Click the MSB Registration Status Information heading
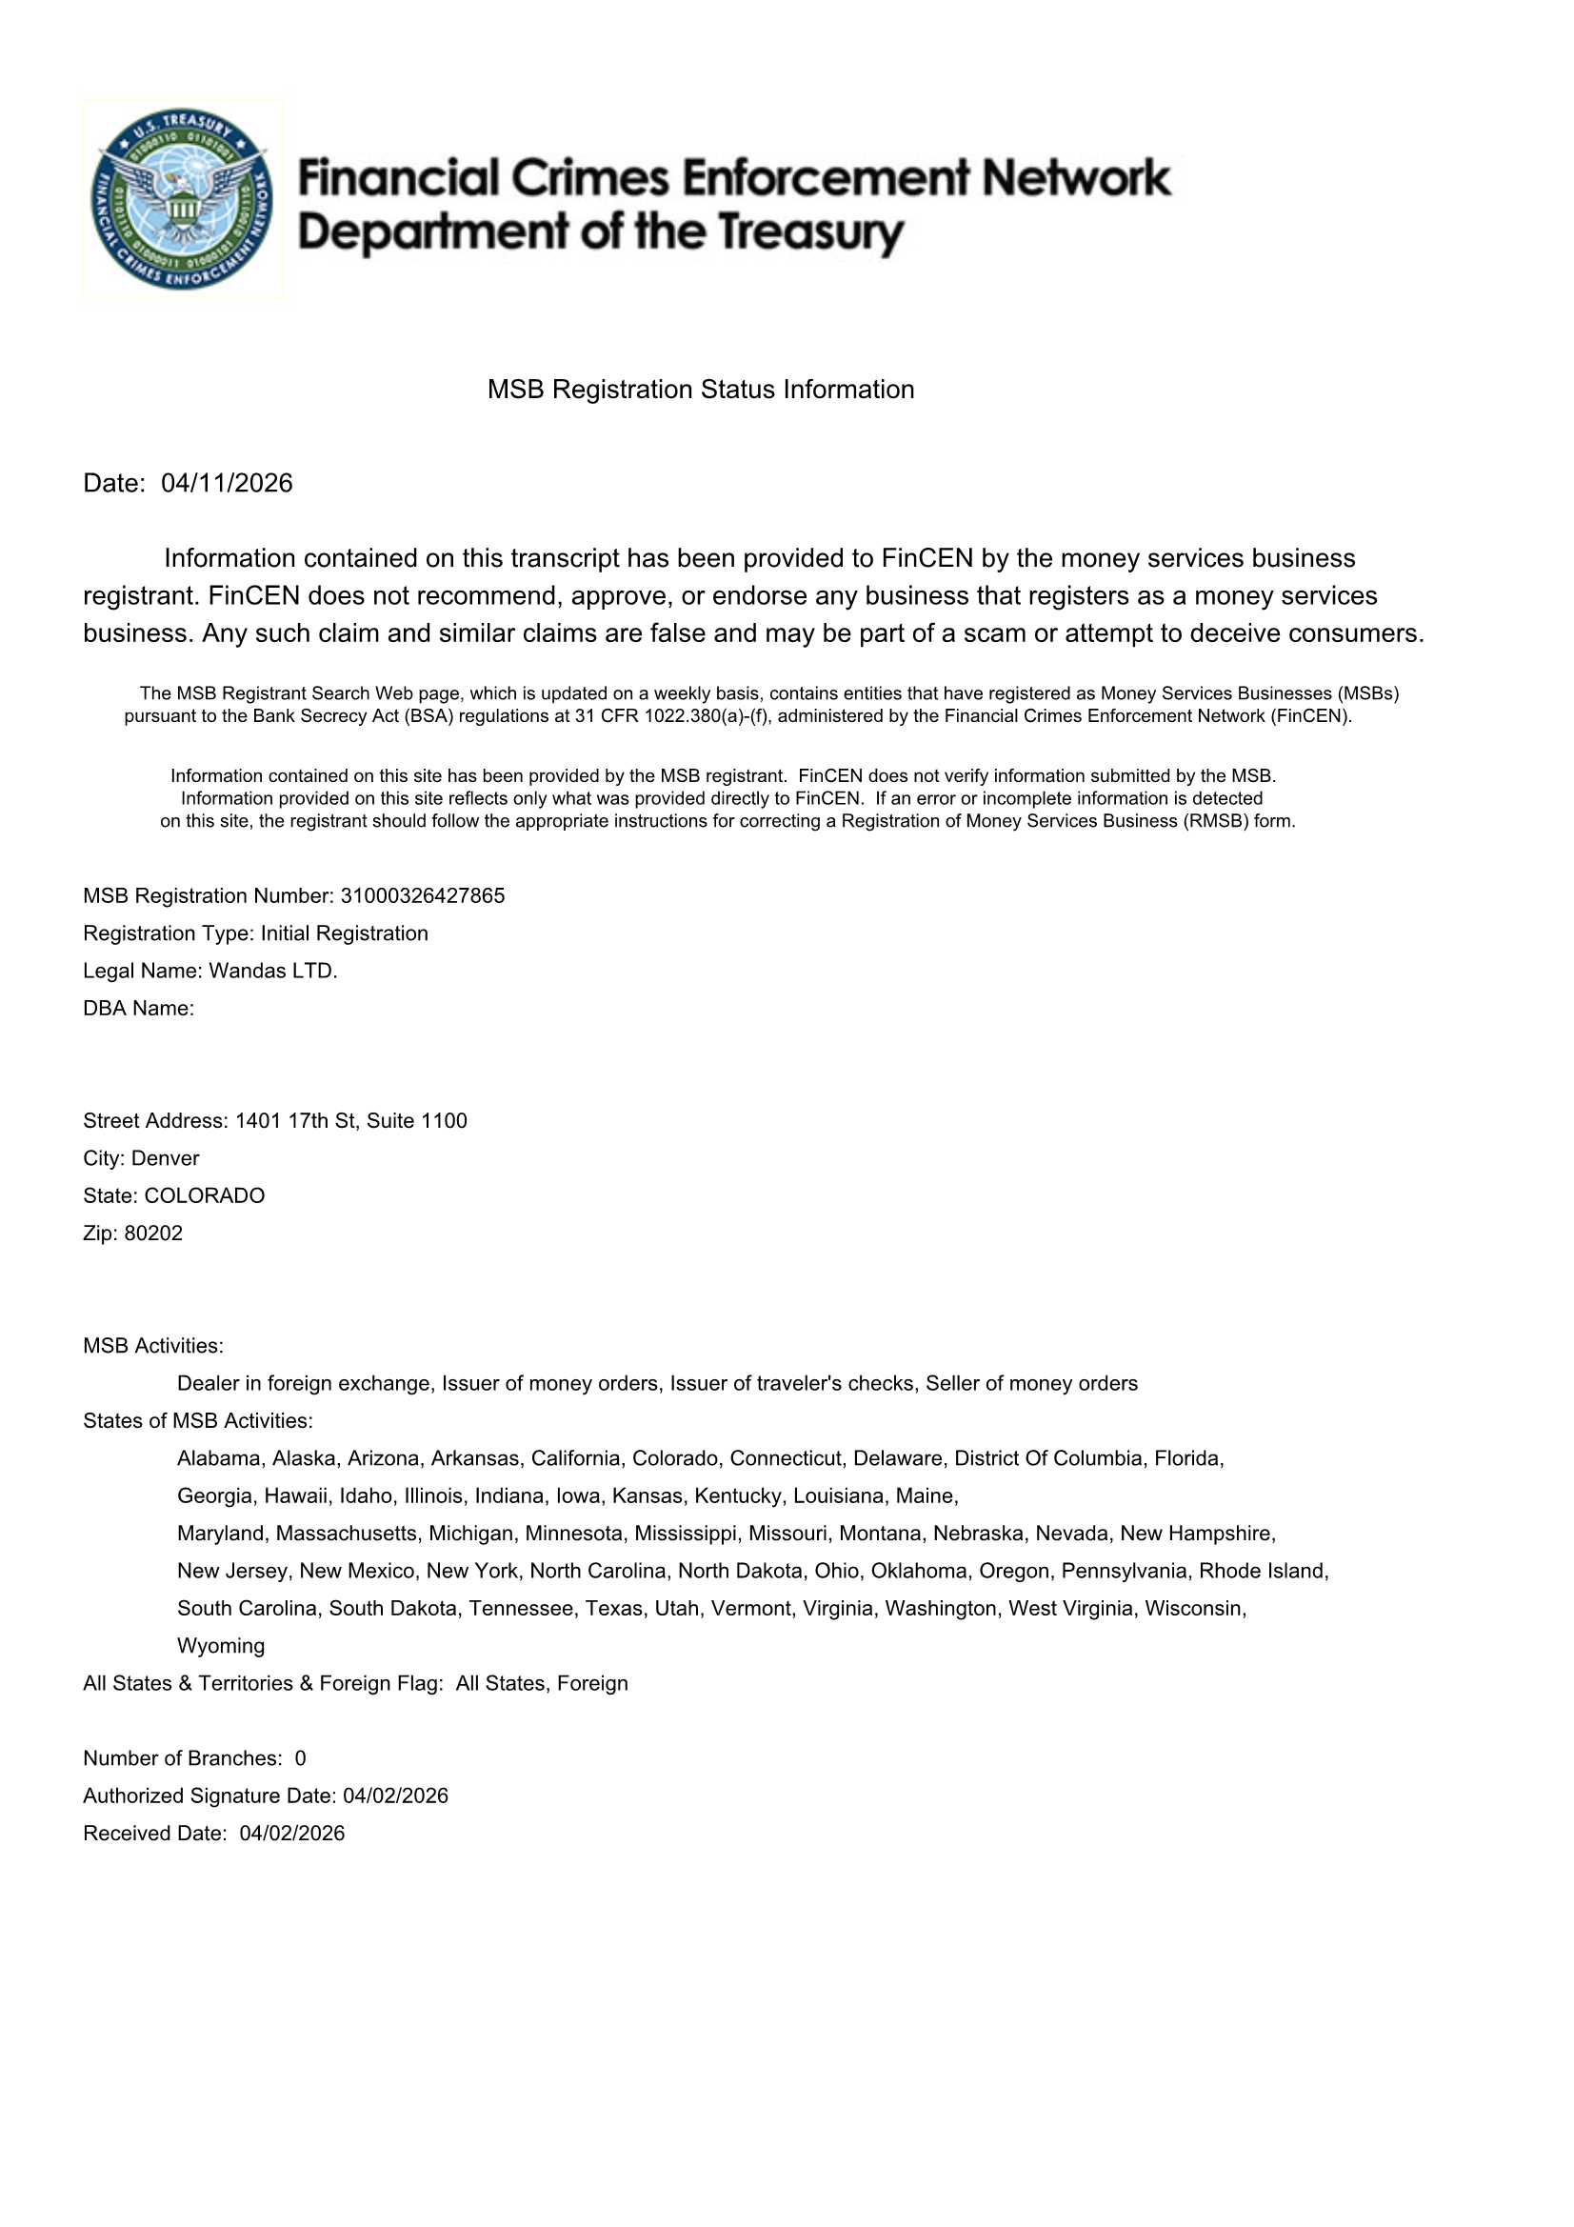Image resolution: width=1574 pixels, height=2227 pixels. [700, 389]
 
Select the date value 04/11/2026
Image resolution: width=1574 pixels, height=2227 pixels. [227, 483]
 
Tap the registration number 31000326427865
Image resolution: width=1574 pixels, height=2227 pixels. [422, 895]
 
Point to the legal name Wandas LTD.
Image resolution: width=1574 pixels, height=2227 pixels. [273, 971]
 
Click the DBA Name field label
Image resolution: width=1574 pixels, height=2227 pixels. [139, 1008]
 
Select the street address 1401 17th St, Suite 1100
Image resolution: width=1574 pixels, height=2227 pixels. [351, 1120]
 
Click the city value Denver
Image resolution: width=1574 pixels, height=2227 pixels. [165, 1158]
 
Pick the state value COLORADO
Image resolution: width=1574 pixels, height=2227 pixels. [204, 1196]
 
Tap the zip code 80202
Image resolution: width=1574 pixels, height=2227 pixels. [153, 1233]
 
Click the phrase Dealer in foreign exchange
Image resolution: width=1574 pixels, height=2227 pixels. [304, 1383]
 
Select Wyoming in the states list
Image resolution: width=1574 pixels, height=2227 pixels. [221, 1646]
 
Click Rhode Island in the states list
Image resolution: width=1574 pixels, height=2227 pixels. [1263, 1571]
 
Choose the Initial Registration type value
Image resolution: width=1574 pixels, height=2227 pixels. [345, 933]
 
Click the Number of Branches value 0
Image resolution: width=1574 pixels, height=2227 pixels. [301, 1758]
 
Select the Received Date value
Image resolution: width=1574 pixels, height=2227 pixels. [292, 1834]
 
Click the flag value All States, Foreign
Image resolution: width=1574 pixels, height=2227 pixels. [541, 1683]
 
